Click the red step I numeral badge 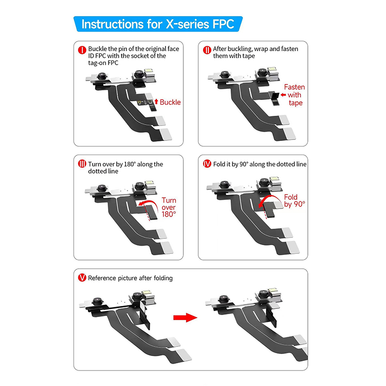click(x=82, y=50)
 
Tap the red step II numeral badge click(x=207, y=50)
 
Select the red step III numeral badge click(x=82, y=164)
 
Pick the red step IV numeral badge click(x=207, y=164)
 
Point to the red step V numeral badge click(x=82, y=278)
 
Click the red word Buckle click(x=170, y=102)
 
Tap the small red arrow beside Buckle click(x=156, y=101)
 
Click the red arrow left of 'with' click(x=283, y=95)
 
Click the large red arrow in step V click(x=185, y=317)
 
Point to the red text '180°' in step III click(x=169, y=214)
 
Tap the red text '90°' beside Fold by click(x=299, y=204)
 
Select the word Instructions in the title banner click(x=112, y=24)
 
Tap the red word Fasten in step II click(x=294, y=87)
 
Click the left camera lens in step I click(x=101, y=76)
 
